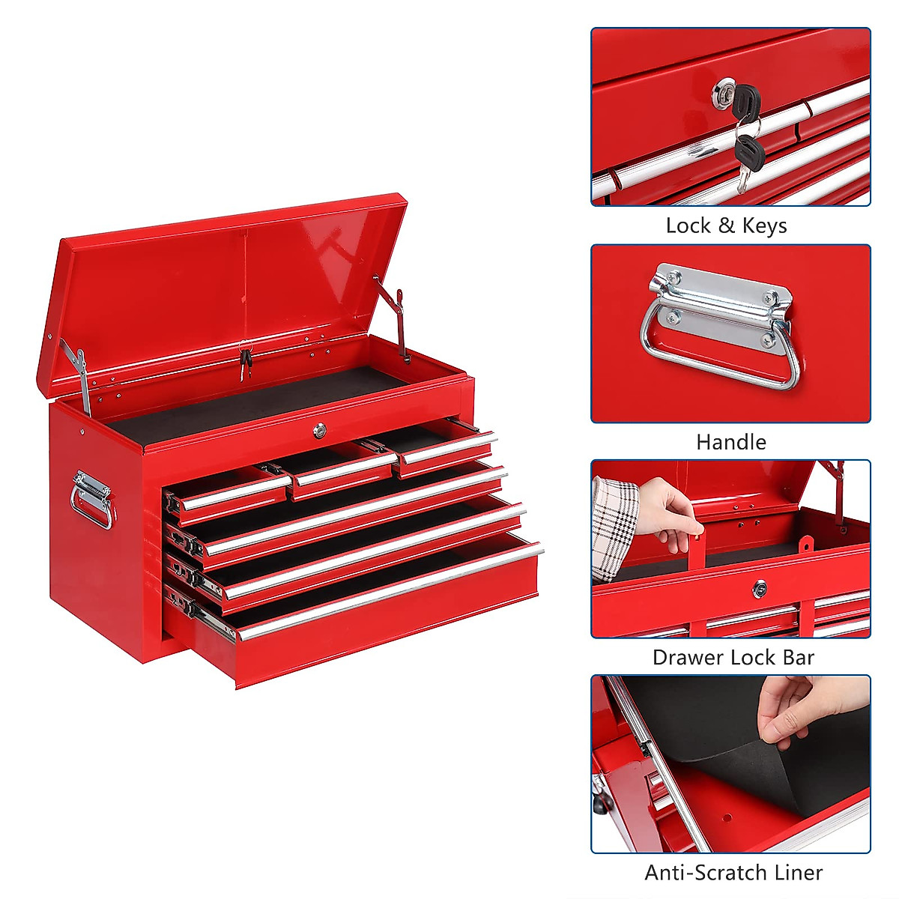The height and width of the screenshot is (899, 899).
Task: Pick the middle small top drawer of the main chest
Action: click(341, 473)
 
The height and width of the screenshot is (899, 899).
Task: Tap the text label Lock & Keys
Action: click(726, 225)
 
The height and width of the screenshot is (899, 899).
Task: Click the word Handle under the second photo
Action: click(730, 442)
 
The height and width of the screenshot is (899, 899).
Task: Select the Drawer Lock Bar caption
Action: click(733, 657)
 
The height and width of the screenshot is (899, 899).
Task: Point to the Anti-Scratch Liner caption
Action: click(733, 873)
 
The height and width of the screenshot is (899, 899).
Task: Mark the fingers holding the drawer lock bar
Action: click(671, 509)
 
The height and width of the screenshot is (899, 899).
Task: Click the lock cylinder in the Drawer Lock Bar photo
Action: click(760, 589)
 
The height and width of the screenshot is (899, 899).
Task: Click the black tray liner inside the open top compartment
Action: click(255, 405)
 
